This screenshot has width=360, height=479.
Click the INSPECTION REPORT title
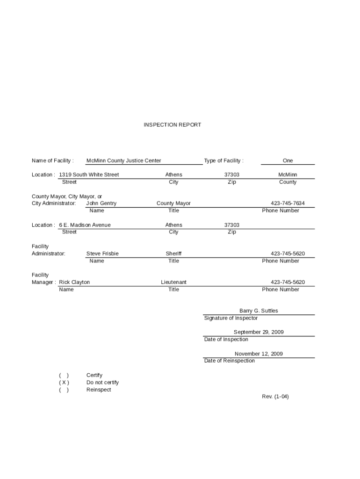point(172,125)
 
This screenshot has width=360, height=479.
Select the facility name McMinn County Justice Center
point(123,160)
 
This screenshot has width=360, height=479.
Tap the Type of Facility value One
point(288,160)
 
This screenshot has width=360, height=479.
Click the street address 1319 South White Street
point(89,174)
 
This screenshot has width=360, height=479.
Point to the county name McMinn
point(288,174)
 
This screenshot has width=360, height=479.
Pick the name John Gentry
point(101,203)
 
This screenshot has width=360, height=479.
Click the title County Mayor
point(173,203)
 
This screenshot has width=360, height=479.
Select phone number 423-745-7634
point(288,203)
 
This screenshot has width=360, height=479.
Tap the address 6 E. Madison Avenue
point(85,225)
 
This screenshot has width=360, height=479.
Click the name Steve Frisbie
point(102,254)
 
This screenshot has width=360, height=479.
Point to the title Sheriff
point(173,254)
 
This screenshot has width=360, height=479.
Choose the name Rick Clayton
point(74,282)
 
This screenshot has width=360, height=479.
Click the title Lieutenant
point(173,282)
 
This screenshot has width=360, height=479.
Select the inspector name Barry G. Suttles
point(259,311)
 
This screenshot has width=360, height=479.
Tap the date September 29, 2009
point(259,332)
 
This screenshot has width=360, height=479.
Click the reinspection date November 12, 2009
point(259,354)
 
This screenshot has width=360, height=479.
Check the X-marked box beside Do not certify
point(64,383)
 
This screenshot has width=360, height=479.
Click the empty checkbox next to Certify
point(64,375)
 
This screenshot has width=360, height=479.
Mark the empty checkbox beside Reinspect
point(64,390)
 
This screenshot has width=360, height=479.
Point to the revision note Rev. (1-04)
point(275,397)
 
